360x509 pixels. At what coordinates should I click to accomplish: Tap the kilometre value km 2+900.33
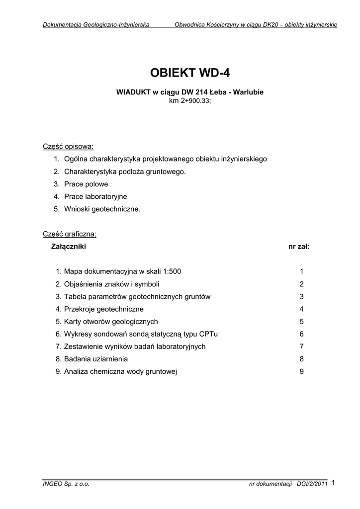coord(190,101)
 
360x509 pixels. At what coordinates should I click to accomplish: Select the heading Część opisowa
coord(68,147)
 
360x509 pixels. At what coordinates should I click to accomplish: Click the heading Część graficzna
coord(70,234)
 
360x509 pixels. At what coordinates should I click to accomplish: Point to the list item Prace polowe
coord(86,184)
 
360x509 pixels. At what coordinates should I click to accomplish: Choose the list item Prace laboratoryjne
coord(95,196)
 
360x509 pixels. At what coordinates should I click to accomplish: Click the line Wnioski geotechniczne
coord(102,209)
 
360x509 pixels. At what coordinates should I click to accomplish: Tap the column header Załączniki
coord(69,246)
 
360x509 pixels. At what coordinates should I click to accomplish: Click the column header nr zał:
coord(299,246)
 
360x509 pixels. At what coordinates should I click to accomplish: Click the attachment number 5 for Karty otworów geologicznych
coord(301,322)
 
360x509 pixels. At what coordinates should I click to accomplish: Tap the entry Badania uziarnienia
coord(96,359)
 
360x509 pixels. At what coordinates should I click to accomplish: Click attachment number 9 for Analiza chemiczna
coord(301,371)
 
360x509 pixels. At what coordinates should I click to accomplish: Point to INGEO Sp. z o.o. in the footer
coord(66,484)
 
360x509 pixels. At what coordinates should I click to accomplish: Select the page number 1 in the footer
coord(333,482)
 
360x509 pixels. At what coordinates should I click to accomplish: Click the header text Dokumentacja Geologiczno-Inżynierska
coord(96,24)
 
